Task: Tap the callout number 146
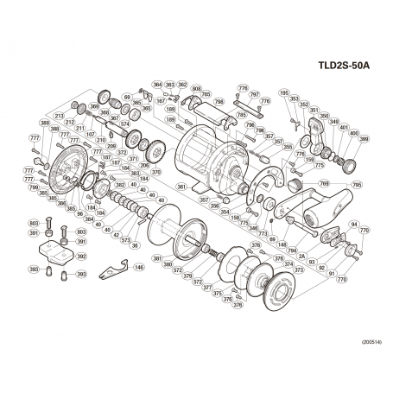138,269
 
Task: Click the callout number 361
181,187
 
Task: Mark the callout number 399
364,139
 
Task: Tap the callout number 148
282,245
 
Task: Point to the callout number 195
284,93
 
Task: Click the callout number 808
196,89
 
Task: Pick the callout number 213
60,115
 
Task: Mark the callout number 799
33,187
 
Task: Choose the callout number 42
117,235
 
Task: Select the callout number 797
254,94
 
